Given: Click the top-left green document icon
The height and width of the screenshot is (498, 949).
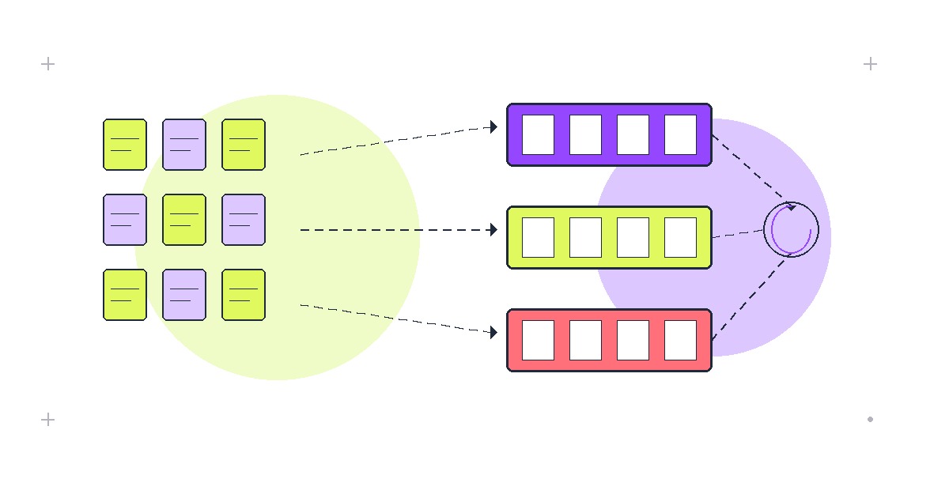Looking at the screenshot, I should tap(125, 145).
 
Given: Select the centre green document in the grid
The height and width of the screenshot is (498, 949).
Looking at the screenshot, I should tap(184, 220).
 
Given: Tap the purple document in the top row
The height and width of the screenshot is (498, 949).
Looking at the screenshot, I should tap(184, 145).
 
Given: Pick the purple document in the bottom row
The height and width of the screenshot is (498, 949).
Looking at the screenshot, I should tap(184, 295).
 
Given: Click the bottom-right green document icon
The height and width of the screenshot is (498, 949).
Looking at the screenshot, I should tap(244, 295).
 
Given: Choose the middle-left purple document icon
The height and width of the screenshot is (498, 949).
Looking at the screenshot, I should tap(125, 220).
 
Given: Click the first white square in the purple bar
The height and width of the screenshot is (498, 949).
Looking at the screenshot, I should tap(538, 134).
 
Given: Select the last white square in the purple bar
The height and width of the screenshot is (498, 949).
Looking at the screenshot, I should tap(680, 134).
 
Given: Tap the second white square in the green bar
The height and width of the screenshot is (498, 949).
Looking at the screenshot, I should tap(585, 237).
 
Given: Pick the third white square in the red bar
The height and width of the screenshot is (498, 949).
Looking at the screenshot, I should tap(633, 340).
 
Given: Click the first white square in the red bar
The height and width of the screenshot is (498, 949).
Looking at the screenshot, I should tap(538, 340).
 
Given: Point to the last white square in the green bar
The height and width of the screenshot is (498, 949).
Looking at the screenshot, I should tap(680, 237).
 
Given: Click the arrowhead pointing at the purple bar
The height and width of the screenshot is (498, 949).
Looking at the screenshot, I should tap(493, 126).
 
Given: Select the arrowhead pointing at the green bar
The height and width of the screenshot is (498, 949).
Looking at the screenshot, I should tap(493, 230).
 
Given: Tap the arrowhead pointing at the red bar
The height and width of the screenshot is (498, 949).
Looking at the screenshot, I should tap(493, 333).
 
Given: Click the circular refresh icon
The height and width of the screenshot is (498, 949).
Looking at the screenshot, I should tap(791, 230).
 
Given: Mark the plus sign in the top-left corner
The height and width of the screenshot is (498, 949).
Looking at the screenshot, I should tap(47, 64).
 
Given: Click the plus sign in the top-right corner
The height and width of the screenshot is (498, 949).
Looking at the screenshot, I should tap(870, 64).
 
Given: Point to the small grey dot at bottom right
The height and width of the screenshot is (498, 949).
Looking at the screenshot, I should tap(870, 420).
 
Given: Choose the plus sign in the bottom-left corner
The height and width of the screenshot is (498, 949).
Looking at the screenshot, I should tap(47, 420).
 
